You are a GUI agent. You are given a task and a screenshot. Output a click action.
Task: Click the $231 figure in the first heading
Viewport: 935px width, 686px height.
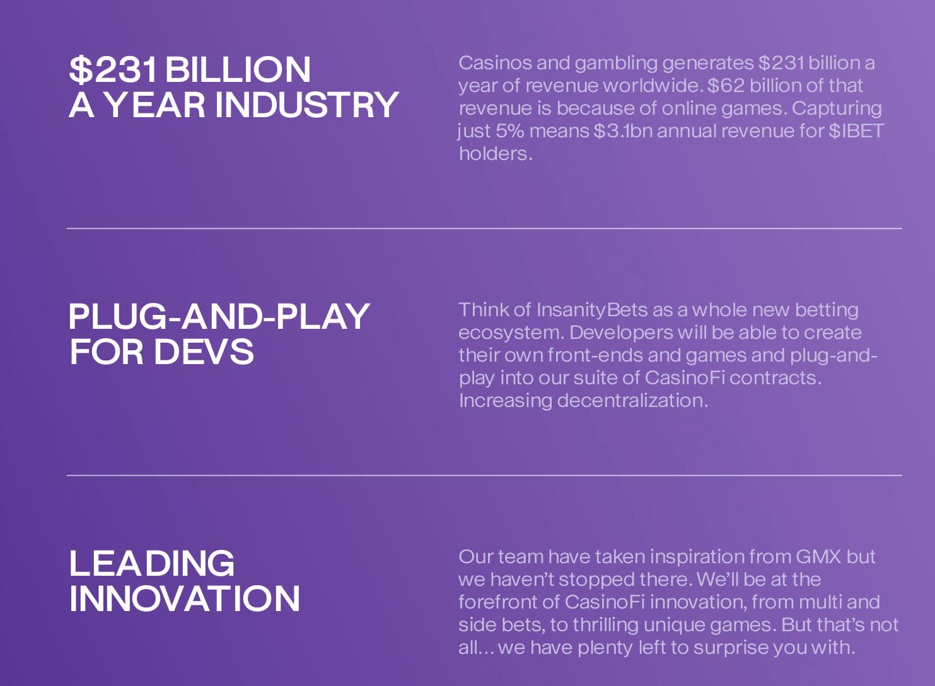tap(113, 69)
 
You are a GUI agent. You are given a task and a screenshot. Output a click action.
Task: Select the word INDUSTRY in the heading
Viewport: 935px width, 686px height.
tap(307, 105)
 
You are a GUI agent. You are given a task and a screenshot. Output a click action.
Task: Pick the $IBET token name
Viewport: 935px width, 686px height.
tap(856, 131)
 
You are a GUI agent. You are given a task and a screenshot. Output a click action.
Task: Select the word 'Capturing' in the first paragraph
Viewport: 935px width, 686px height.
tap(837, 109)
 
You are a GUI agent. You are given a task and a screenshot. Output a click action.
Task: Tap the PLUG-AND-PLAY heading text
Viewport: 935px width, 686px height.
tap(219, 316)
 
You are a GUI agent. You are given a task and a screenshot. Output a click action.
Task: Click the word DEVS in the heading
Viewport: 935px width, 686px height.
tap(204, 352)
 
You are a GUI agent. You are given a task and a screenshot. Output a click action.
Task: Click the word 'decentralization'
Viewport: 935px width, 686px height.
tap(632, 401)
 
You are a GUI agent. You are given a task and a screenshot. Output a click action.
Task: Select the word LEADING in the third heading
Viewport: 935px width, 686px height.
tap(151, 563)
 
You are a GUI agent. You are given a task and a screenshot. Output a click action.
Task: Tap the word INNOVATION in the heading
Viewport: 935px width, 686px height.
tap(185, 598)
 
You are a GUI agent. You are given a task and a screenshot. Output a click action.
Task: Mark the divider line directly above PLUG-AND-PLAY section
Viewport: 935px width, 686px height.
tap(484, 229)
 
